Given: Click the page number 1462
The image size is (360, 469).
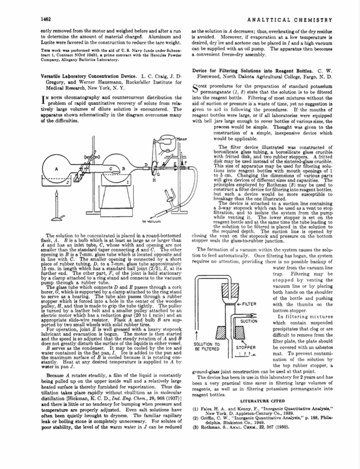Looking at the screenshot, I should click(x=46, y=19).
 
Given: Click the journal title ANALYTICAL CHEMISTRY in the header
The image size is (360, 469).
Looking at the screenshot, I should click(x=292, y=20).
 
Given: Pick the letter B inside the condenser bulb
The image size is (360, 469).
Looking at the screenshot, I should click(x=124, y=168).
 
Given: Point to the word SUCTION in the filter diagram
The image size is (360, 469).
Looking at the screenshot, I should click(x=249, y=321).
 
